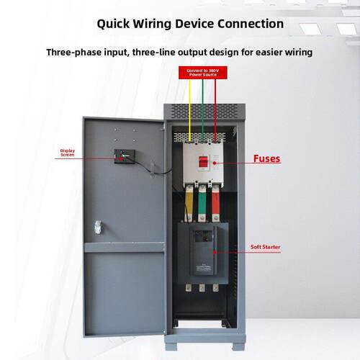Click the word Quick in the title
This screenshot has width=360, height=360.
113,24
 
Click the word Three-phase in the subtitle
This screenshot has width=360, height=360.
73,53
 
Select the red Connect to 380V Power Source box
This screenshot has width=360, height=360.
203,73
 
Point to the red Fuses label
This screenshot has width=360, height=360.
266,158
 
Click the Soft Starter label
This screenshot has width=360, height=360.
265,247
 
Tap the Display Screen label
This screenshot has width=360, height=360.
68,153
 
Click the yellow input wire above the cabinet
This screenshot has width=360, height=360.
189,110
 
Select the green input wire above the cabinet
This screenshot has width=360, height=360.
202,110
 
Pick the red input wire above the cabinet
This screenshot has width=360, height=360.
215,110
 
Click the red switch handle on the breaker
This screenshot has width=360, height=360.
203,161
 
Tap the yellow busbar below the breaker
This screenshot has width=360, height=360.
189,203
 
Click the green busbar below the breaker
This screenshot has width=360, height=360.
202,203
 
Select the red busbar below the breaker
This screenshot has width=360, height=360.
215,203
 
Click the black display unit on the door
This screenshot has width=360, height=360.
125,156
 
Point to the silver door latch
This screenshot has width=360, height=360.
98,227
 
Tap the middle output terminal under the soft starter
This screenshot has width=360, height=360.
202,288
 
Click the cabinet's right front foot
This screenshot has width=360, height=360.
238,346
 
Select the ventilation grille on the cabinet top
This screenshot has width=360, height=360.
204,112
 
